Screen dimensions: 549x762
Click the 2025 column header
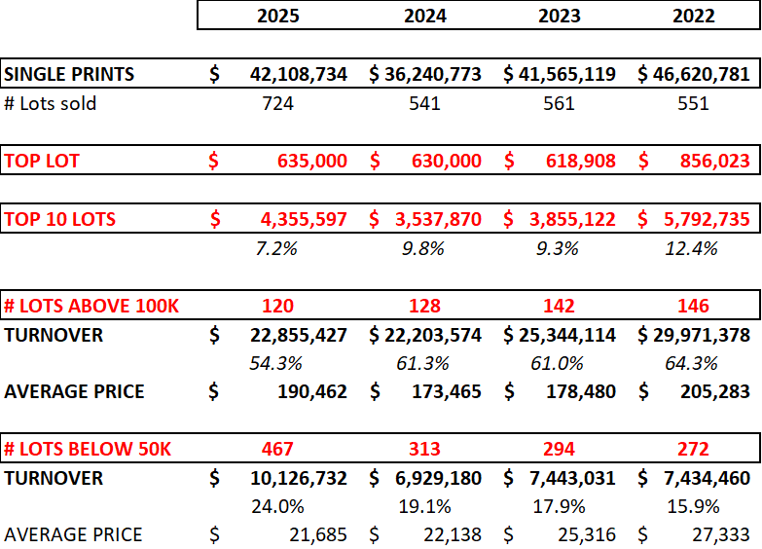click(x=278, y=16)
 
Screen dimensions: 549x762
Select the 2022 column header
click(x=693, y=16)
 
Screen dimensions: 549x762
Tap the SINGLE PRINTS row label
click(x=69, y=74)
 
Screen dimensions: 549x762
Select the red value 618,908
click(x=575, y=161)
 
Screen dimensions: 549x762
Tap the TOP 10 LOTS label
click(x=59, y=219)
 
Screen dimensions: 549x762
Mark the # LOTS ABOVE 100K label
click(x=91, y=306)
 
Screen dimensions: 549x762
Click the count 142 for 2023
click(x=559, y=306)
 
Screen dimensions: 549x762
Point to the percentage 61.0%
click(x=559, y=363)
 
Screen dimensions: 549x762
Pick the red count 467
click(x=278, y=449)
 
